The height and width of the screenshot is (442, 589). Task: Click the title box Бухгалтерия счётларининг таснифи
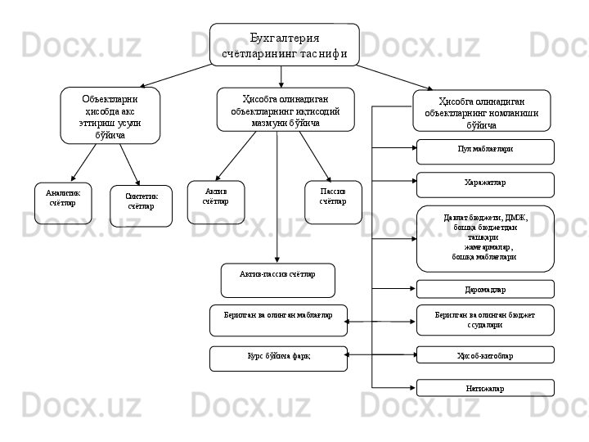[x=284, y=45]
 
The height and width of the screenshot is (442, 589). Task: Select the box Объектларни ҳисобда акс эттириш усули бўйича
[x=110, y=115]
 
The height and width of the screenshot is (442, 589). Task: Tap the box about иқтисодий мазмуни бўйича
[x=286, y=110]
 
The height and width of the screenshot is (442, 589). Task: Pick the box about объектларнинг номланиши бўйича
[x=481, y=110]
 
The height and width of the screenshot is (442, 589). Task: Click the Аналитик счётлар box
[x=63, y=203]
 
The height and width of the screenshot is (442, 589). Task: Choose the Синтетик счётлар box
[x=141, y=205]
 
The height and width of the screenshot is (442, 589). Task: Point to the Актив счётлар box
[x=215, y=202]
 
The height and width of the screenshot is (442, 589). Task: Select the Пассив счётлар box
[x=333, y=202]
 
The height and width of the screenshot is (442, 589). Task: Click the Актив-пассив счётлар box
[x=278, y=280]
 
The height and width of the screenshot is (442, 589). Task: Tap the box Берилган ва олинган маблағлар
[x=278, y=320]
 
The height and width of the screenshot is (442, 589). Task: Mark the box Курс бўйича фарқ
[x=278, y=359]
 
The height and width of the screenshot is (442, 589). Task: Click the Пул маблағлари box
[x=485, y=151]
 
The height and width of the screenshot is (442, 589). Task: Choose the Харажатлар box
[x=485, y=185]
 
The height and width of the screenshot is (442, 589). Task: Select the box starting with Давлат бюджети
[x=485, y=238]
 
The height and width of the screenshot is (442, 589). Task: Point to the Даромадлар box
[x=485, y=289]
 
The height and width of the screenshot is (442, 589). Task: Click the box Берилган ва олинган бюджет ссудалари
[x=485, y=320]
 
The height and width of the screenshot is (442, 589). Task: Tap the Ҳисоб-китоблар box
[x=485, y=354]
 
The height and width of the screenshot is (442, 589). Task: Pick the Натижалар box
[x=485, y=387]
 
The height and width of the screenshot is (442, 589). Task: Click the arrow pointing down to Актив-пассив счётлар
[x=277, y=196]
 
